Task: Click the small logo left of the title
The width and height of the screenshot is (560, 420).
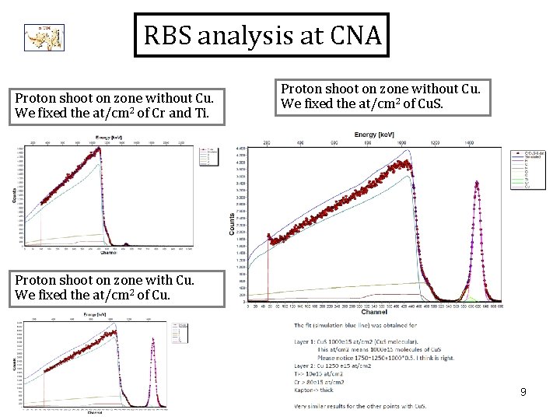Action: [44, 36]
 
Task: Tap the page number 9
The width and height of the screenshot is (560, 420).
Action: [523, 393]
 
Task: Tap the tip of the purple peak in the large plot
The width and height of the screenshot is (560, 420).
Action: [477, 184]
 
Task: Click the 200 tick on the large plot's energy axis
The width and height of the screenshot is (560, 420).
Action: [268, 144]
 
